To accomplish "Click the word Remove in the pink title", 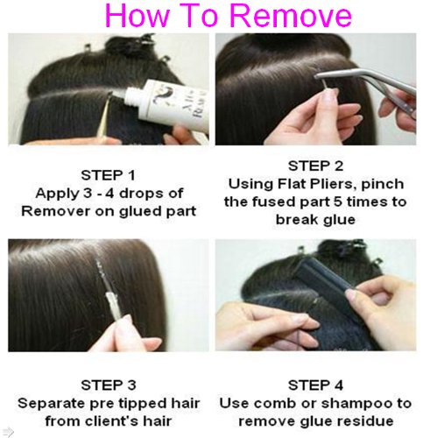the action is point(292,15).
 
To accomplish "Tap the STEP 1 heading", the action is point(108,175).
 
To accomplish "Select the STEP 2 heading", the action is point(315,166).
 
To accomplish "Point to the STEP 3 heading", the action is point(109,385).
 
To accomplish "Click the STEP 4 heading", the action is point(315,385).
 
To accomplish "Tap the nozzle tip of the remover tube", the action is point(112,95).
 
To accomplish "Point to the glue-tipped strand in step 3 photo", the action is point(109,291).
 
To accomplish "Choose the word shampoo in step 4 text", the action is point(356,404).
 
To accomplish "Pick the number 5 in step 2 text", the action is point(338,202).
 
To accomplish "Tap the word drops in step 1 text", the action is point(141,194).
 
